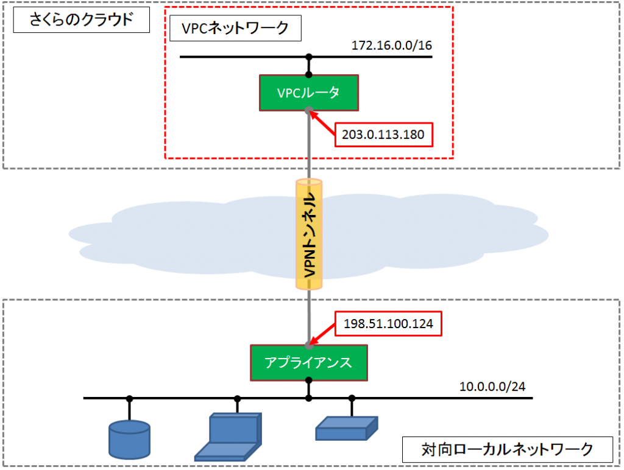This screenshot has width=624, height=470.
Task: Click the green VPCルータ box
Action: pos(308,93)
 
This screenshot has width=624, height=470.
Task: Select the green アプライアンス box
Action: pos(308,362)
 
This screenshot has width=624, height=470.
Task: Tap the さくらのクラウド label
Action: pos(81,21)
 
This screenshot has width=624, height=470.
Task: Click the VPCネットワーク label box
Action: pos(235,29)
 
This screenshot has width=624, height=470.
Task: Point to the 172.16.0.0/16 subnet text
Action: pos(392,46)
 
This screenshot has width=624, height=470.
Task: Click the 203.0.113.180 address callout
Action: pos(383,134)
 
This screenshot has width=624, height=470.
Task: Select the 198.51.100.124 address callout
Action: pos(388,324)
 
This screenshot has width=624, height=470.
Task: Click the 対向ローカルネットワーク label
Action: pos(507,450)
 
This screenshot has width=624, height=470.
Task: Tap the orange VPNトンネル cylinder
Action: pos(309,234)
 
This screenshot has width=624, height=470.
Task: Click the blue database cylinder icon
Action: pos(129,439)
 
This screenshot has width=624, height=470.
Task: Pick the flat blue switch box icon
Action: pos(346,428)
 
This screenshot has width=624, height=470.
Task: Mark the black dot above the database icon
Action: pos(129,399)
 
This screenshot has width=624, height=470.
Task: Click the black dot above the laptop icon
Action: pos(237,399)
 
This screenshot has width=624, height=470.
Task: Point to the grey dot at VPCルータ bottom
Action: pos(309,111)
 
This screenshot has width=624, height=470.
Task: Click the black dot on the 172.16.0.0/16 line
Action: pos(309,57)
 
